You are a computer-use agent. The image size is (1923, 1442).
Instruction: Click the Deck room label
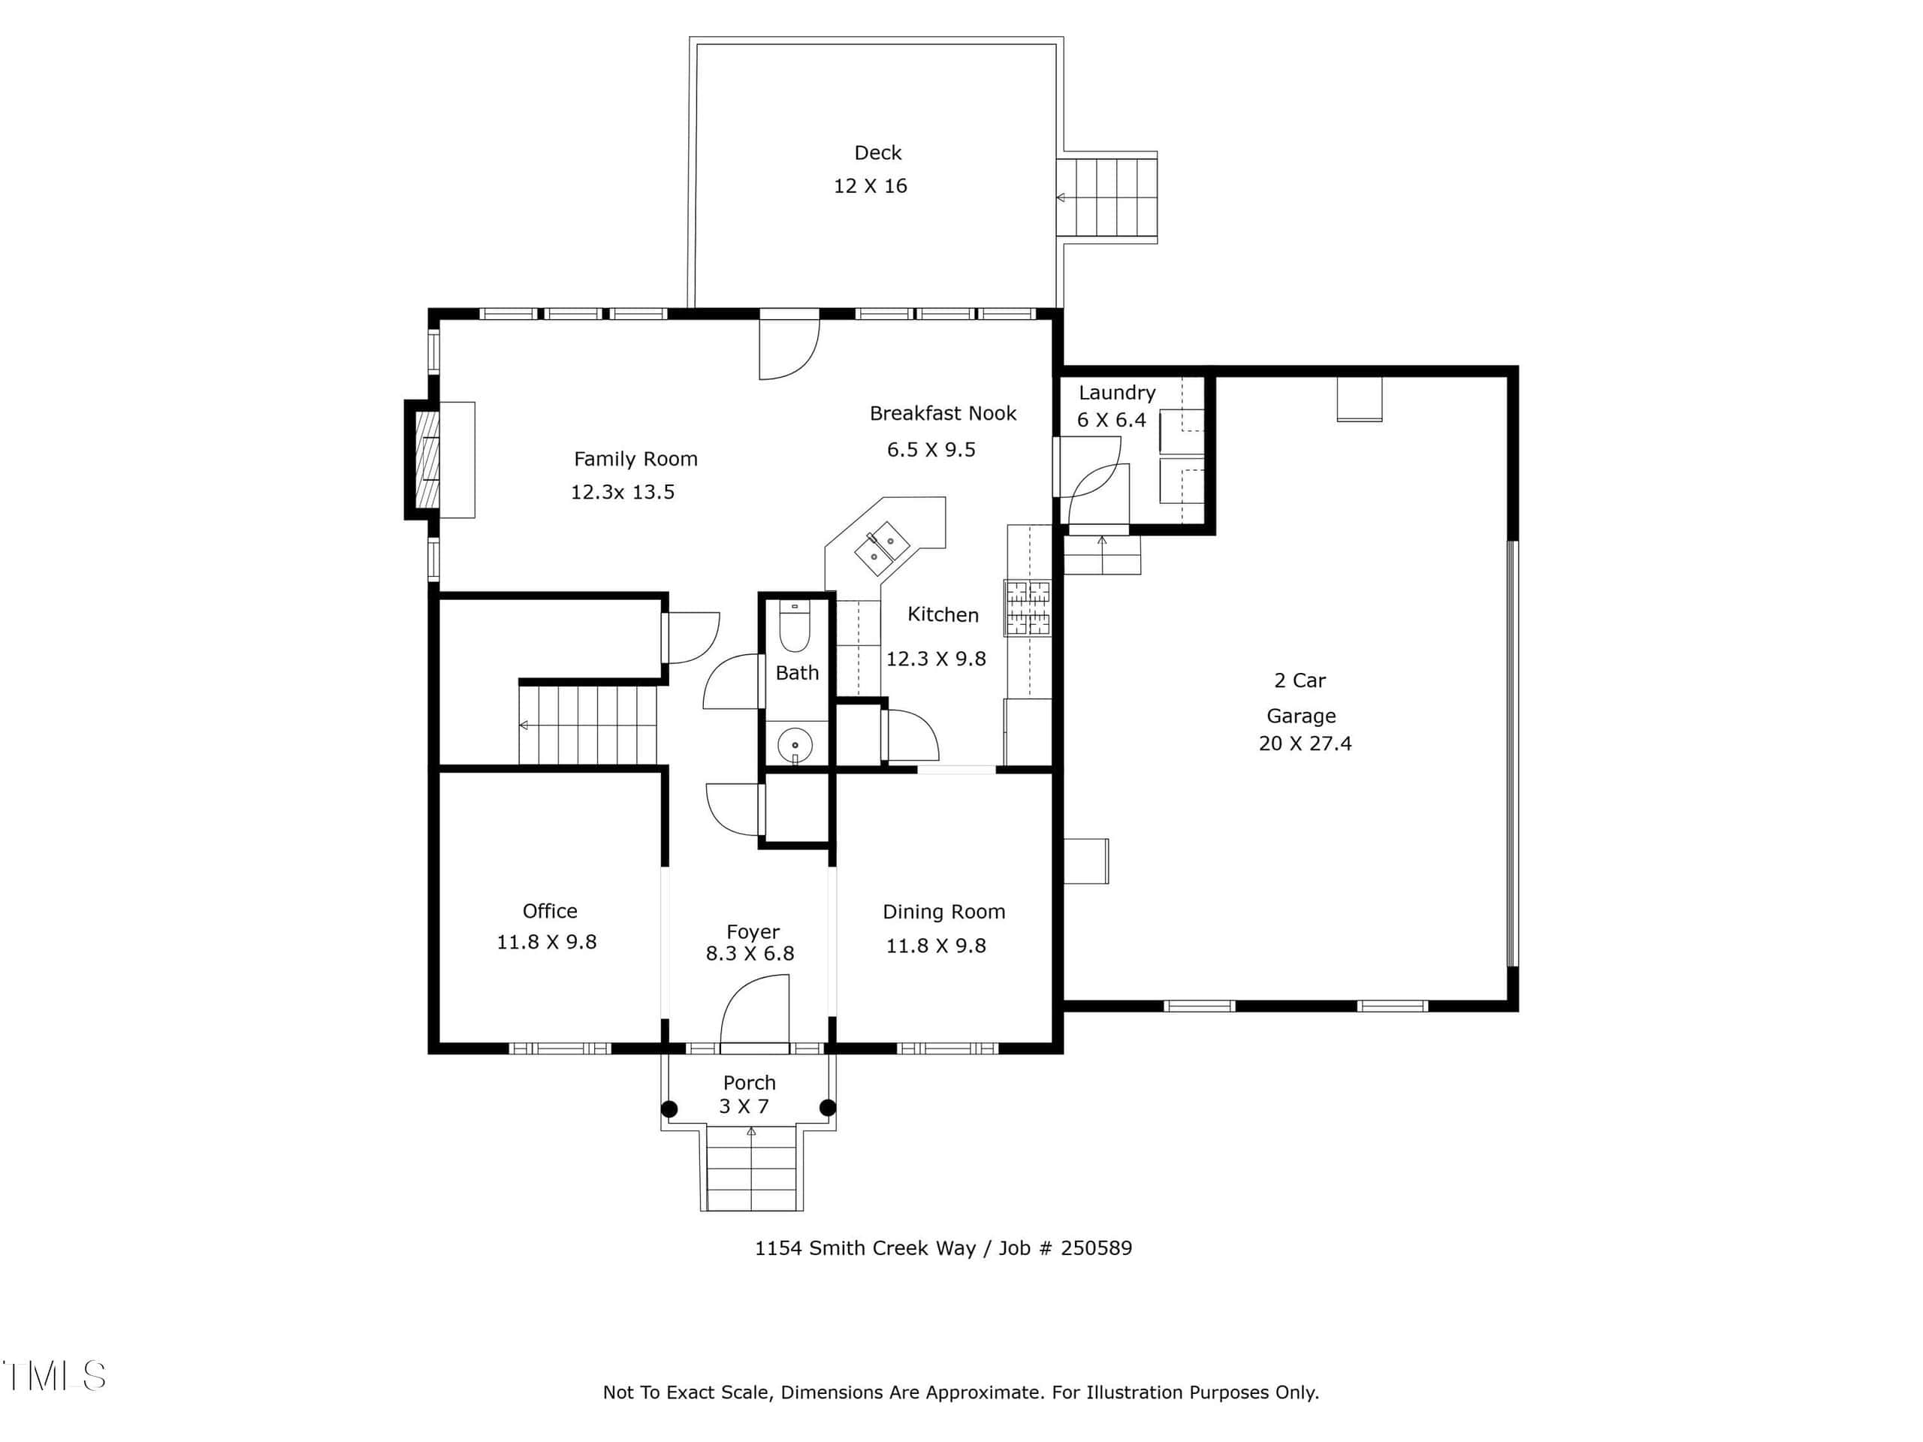[878, 153]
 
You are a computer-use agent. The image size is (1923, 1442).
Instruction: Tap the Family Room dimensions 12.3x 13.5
[623, 492]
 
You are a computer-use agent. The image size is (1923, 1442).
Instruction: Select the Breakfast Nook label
[943, 414]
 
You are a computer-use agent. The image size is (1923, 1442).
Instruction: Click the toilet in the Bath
[795, 626]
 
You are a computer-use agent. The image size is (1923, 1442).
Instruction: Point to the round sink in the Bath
[795, 746]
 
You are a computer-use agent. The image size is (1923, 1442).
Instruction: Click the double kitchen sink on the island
[882, 549]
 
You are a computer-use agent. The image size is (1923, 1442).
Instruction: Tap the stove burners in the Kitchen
[1028, 608]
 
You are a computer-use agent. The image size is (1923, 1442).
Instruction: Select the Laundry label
[1117, 393]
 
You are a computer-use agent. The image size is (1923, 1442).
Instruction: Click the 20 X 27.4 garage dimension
[1305, 744]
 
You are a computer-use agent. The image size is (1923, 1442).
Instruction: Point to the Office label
[549, 911]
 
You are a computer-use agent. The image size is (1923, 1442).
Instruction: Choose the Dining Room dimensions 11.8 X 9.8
[935, 946]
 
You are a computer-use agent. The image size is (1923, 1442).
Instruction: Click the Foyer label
[753, 932]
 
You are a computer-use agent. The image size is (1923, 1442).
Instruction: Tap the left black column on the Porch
[669, 1109]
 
